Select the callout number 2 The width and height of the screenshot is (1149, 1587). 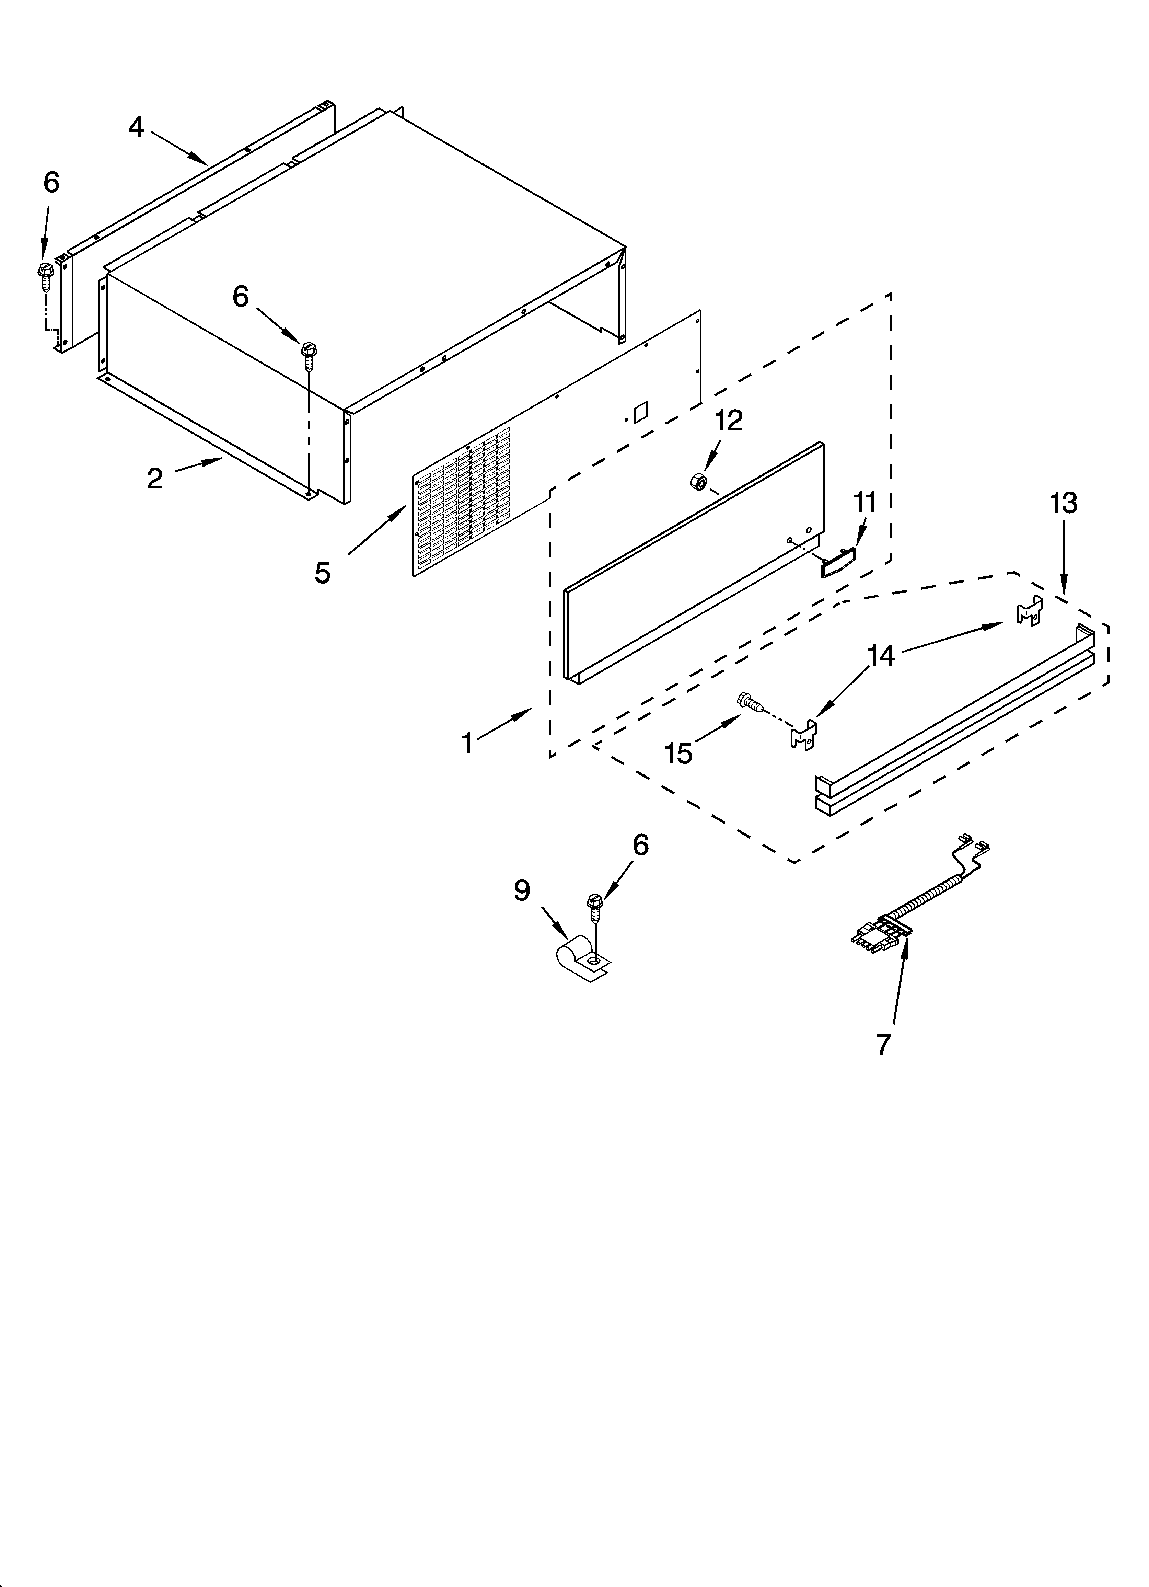[x=155, y=479]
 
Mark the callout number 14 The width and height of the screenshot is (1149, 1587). [x=881, y=656]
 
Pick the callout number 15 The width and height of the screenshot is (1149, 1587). [x=678, y=754]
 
